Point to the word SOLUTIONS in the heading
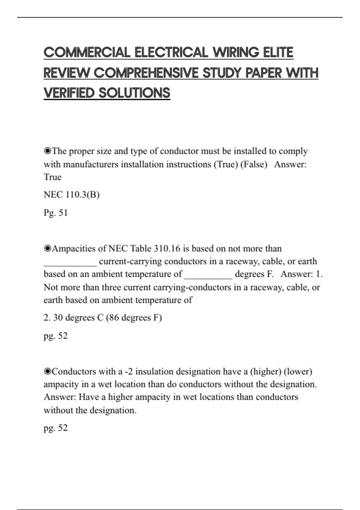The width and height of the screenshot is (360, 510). point(134,93)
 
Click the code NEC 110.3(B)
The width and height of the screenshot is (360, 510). point(71,195)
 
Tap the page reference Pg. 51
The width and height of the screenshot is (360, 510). point(56,213)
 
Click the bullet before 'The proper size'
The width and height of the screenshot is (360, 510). point(47,151)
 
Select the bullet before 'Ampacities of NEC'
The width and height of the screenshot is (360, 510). point(47,248)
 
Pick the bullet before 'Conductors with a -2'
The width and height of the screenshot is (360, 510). point(47,371)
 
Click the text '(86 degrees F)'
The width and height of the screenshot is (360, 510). point(134,317)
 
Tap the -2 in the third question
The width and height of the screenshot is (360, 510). point(129,371)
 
